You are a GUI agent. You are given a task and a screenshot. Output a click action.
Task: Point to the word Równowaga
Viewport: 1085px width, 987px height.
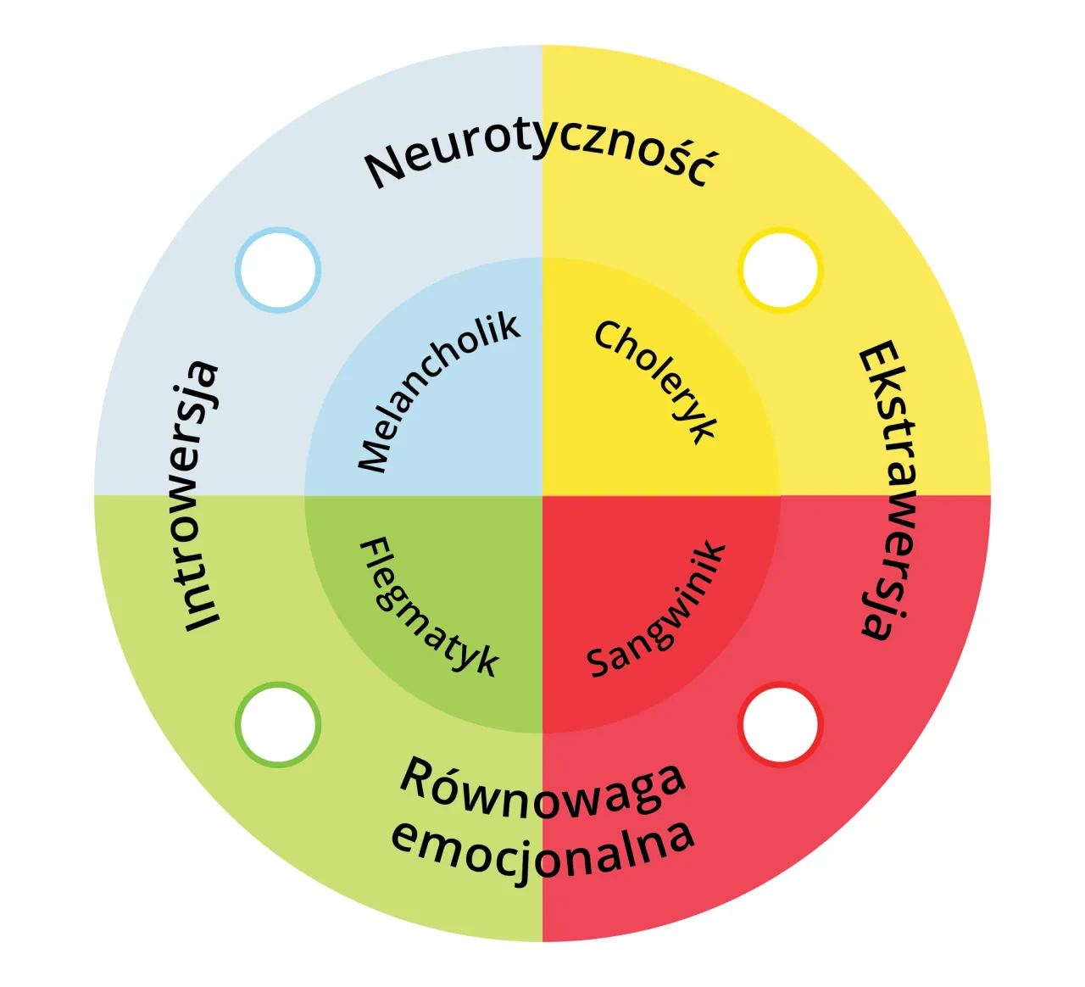pyautogui.click(x=542, y=789)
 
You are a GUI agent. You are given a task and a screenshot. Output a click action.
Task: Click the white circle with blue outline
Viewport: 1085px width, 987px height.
pyautogui.click(x=278, y=270)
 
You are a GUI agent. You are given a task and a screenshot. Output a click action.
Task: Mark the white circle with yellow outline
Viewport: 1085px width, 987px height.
pyautogui.click(x=781, y=270)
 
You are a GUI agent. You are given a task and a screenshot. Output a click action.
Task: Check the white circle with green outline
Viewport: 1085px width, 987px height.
pyautogui.click(x=278, y=725)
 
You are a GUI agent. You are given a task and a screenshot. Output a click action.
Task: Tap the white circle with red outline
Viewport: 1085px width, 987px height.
pyautogui.click(x=781, y=725)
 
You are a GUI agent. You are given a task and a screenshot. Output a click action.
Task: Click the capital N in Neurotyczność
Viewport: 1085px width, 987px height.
pyautogui.click(x=385, y=169)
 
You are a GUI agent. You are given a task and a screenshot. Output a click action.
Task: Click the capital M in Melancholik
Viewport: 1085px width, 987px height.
pyautogui.click(x=373, y=455)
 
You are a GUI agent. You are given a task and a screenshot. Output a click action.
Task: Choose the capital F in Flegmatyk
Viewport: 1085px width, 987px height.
pyautogui.click(x=374, y=550)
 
